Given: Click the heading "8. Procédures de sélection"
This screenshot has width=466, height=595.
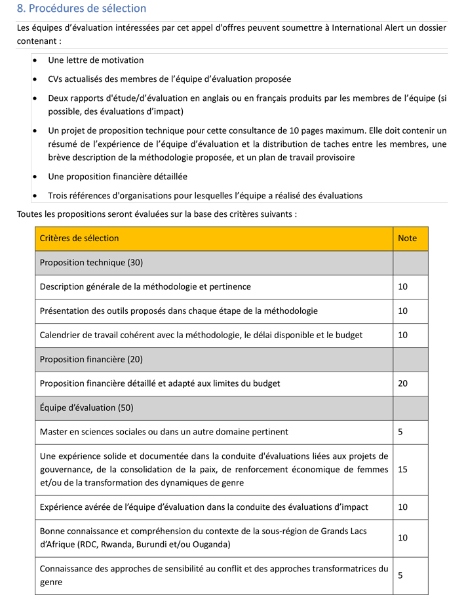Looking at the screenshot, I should click(x=82, y=9).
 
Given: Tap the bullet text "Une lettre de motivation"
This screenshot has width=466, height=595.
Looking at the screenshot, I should click(x=96, y=60).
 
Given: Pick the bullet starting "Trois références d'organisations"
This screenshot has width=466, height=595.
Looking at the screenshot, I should click(x=204, y=195).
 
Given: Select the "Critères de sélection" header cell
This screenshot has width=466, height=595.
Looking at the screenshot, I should click(x=79, y=239).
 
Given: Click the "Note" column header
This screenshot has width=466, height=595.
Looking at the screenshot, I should click(x=407, y=239).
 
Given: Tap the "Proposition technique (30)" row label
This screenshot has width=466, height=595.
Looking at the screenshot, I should click(x=91, y=263).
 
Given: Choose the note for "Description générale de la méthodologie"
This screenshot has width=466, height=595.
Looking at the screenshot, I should click(x=402, y=287).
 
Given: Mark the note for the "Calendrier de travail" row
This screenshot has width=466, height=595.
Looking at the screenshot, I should click(x=402, y=335).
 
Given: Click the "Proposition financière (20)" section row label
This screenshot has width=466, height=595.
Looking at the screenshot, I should click(x=91, y=359).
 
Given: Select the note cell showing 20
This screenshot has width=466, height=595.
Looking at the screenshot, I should click(x=402, y=383).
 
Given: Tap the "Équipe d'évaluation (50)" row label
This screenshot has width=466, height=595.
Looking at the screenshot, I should click(x=87, y=408).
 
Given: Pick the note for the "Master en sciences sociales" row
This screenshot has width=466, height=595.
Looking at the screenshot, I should click(x=400, y=432).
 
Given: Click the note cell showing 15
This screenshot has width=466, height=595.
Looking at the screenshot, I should click(x=402, y=470).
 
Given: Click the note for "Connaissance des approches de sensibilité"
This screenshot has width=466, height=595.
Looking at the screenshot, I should click(x=400, y=575).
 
